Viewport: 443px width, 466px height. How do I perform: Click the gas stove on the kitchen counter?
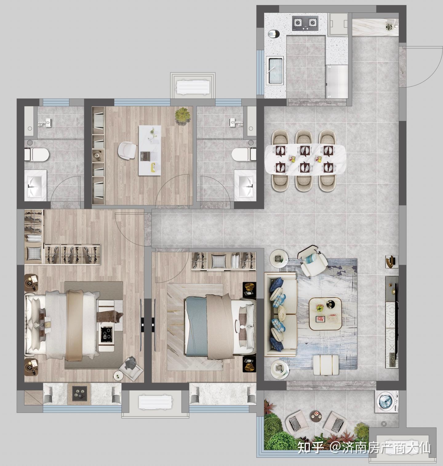coord(305,23)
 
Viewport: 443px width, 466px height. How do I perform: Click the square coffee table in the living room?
coord(325,314)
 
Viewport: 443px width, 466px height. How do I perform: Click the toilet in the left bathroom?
coord(37,154)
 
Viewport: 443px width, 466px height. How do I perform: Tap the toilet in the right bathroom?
coord(244,154)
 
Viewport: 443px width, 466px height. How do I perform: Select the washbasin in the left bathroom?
coord(36,185)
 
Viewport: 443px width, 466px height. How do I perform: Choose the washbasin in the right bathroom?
coord(245,184)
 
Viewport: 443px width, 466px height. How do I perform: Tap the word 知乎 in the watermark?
coord(311,448)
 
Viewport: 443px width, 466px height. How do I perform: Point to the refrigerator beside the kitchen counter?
coord(337,81)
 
